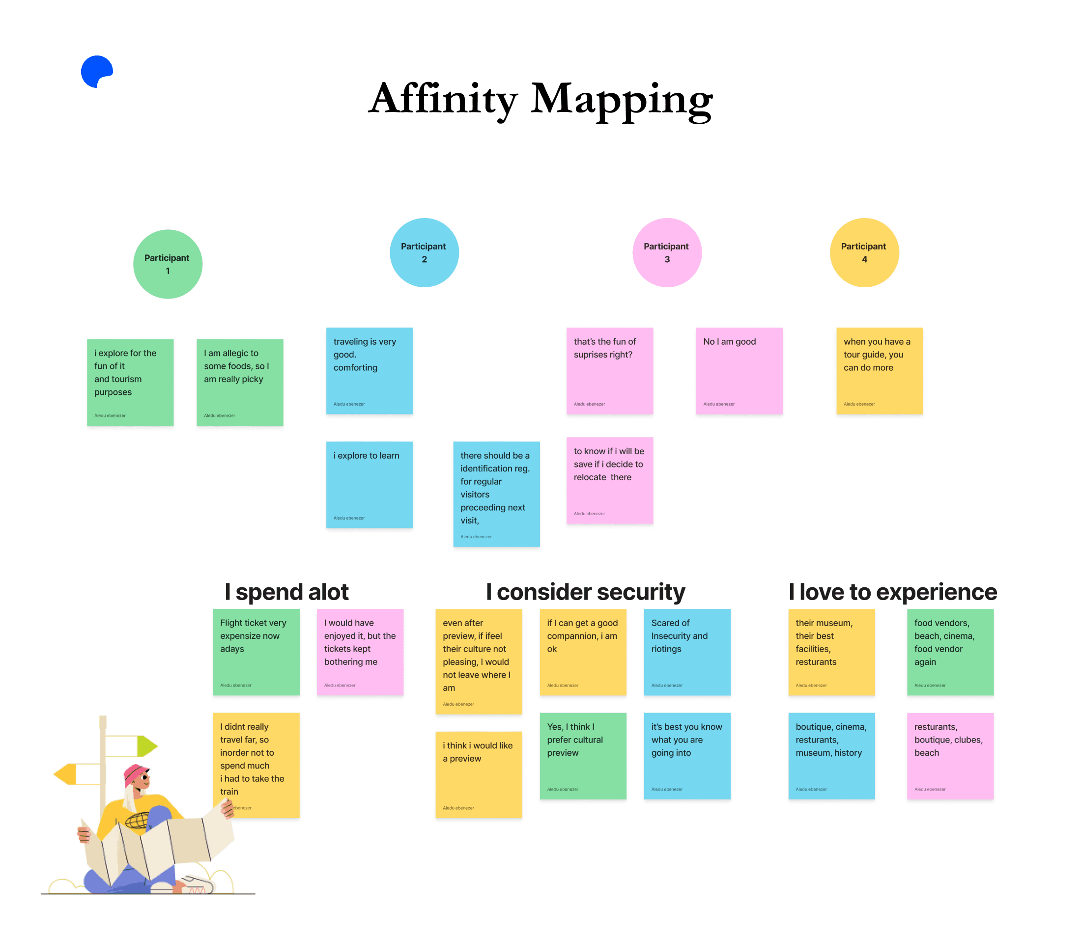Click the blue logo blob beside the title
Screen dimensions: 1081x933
pos(96,71)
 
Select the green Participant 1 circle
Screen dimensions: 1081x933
pos(168,264)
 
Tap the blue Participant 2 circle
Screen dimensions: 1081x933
pos(424,252)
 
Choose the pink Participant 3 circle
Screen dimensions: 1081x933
pos(666,252)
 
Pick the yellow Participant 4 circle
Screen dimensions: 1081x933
pos(864,252)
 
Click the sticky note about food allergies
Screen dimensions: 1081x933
pos(239,382)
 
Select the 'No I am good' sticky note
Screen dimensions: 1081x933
pos(739,370)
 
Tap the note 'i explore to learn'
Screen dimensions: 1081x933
pos(369,484)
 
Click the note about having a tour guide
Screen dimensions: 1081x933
pos(879,370)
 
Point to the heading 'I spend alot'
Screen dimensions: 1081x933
pos(286,591)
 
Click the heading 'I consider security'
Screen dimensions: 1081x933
pos(585,591)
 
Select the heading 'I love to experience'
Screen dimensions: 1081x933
pos(892,591)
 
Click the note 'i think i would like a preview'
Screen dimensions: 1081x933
pos(479,774)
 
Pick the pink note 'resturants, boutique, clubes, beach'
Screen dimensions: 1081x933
pos(949,755)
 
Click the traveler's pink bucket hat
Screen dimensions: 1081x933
pos(136,774)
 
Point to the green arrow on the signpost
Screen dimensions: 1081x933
pos(146,746)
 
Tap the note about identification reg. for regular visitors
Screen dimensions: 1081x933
pos(496,494)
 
